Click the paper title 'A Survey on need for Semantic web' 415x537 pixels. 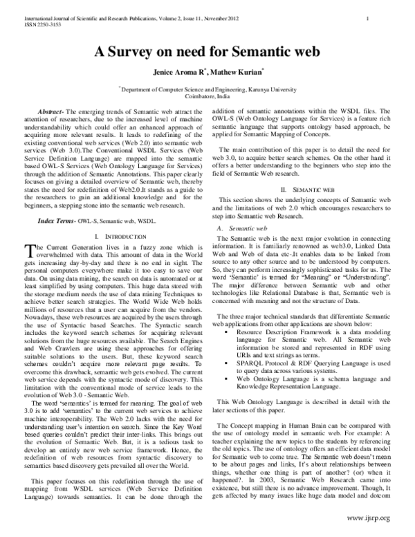point(207,52)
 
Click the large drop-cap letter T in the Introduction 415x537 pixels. point(27,212)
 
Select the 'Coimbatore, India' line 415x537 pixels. point(207,98)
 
